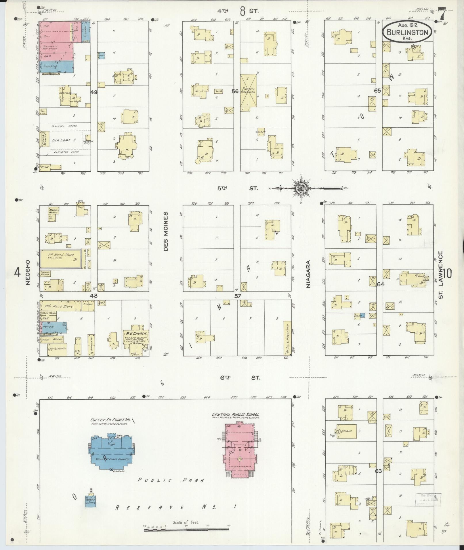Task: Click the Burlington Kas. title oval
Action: coord(407,32)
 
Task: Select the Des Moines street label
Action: coord(166,231)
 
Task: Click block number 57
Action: coord(238,296)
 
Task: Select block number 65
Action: coord(377,91)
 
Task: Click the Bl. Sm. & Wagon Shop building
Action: coord(287,338)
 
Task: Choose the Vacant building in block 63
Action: coord(347,431)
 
